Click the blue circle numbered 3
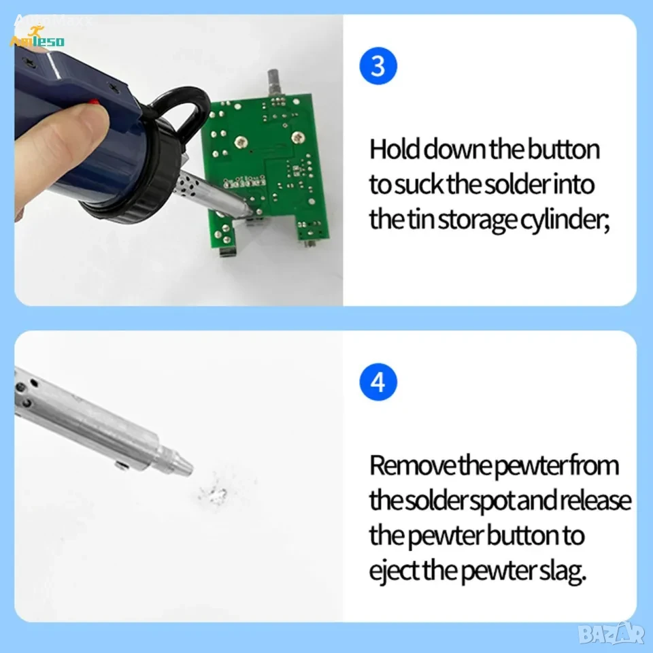[x=378, y=66]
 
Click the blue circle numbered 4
[x=378, y=382]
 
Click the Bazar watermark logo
[x=614, y=634]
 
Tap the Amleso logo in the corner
[x=37, y=37]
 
